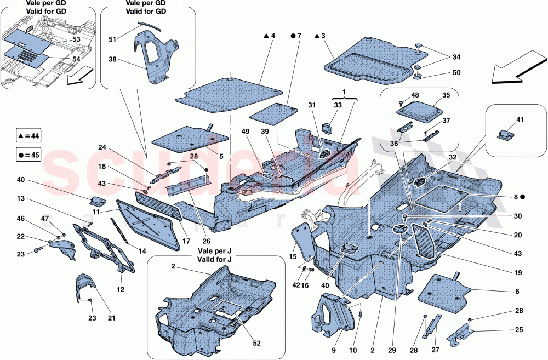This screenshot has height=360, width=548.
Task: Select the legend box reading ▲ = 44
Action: pos(29,135)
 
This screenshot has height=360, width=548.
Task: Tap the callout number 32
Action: pos(452,157)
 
